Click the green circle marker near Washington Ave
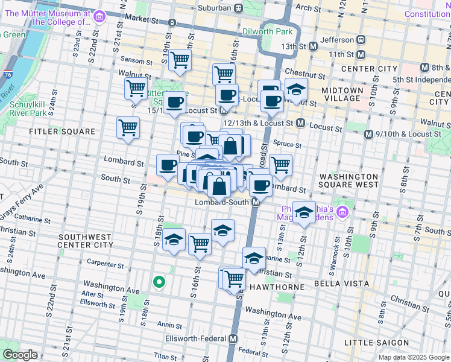159,282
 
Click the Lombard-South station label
221,203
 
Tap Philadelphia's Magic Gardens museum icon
343,212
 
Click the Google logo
19,354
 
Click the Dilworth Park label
267,31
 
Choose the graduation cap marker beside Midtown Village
296,89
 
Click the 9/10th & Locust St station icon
368,134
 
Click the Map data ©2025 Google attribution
413,357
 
